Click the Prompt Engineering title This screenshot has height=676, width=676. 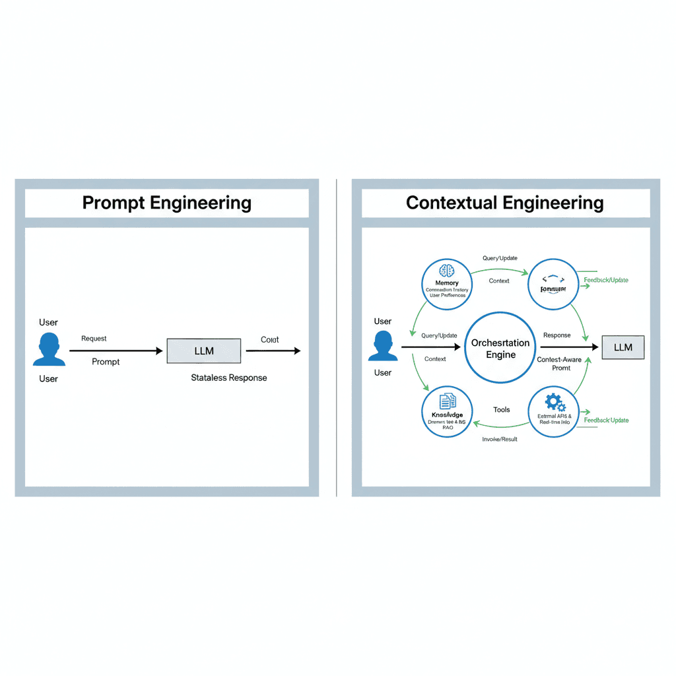166,203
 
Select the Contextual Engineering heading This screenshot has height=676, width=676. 504,203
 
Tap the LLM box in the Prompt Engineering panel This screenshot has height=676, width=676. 203,351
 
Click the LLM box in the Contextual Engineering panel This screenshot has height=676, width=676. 623,347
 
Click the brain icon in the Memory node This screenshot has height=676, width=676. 447,270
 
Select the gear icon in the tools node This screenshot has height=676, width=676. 553,401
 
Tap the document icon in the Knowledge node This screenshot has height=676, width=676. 447,401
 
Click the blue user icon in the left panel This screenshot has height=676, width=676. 49,349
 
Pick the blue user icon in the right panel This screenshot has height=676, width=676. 383,346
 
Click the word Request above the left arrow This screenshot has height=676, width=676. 94,339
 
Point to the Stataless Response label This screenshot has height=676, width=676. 228,378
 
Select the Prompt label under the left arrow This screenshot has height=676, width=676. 106,362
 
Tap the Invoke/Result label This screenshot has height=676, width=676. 500,438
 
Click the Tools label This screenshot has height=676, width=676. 501,409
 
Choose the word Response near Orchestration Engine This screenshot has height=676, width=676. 557,335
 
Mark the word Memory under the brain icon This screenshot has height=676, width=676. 447,283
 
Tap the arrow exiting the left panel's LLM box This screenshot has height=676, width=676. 273,351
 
